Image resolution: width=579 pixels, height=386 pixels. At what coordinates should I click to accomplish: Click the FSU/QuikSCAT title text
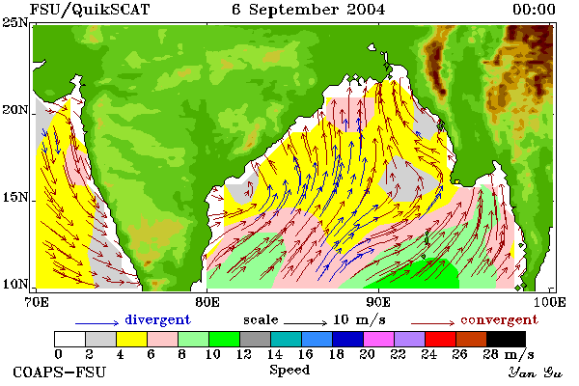pyautogui.click(x=90, y=10)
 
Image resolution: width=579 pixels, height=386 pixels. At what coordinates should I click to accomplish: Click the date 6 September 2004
pyautogui.click(x=309, y=10)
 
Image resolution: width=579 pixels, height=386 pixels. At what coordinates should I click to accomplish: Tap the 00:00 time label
pyautogui.click(x=534, y=10)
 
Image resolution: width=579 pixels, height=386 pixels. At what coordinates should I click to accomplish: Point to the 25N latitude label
pyautogui.click(x=15, y=23)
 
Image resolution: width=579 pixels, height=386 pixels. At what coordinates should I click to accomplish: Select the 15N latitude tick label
pyautogui.click(x=15, y=198)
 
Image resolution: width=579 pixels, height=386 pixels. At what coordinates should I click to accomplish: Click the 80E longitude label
pyautogui.click(x=207, y=302)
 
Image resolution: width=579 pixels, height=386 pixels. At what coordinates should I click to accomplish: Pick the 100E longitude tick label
pyautogui.click(x=550, y=302)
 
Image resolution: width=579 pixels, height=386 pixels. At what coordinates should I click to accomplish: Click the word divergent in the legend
pyautogui.click(x=157, y=319)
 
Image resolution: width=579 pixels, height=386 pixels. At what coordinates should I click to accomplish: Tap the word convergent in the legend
pyautogui.click(x=499, y=319)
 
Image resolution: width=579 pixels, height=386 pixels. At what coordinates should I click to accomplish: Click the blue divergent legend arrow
pyautogui.click(x=97, y=323)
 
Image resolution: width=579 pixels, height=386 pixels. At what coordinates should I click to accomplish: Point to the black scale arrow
pyautogui.click(x=305, y=323)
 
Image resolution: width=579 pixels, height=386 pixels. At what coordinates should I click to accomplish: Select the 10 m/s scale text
pyautogui.click(x=359, y=319)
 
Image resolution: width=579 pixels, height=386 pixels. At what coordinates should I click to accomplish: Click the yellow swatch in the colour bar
pyautogui.click(x=131, y=339)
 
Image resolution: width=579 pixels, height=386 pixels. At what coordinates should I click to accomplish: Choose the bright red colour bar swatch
pyautogui.click(x=440, y=339)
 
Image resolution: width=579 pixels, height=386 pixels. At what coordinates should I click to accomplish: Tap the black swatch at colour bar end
pyautogui.click(x=506, y=339)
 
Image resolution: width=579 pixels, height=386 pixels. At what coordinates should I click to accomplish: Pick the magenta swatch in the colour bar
pyautogui.click(x=378, y=339)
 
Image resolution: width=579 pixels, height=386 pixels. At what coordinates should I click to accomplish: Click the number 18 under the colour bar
pyautogui.click(x=336, y=354)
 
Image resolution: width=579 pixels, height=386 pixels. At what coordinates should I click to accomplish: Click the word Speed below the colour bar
pyautogui.click(x=289, y=370)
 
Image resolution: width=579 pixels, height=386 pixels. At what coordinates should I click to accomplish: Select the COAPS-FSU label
pyautogui.click(x=60, y=372)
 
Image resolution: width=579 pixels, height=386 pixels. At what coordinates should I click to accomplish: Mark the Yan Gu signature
pyautogui.click(x=536, y=372)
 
